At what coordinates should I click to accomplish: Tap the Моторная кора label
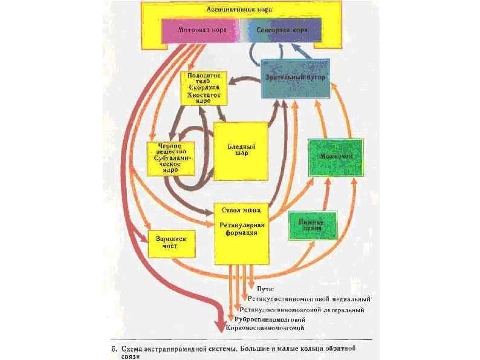(201, 29)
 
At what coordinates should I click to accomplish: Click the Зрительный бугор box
(297, 79)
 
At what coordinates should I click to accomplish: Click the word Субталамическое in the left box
(169, 161)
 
